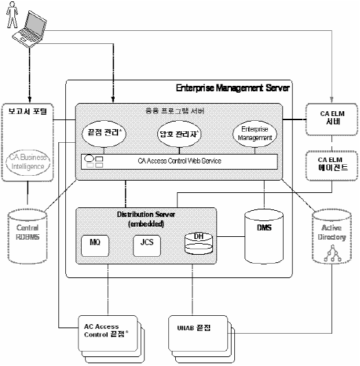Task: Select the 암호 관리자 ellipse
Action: pyautogui.click(x=180, y=134)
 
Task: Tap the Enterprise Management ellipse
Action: pyautogui.click(x=255, y=134)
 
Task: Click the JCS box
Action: pyautogui.click(x=142, y=242)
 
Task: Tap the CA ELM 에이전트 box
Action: pyautogui.click(x=330, y=163)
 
